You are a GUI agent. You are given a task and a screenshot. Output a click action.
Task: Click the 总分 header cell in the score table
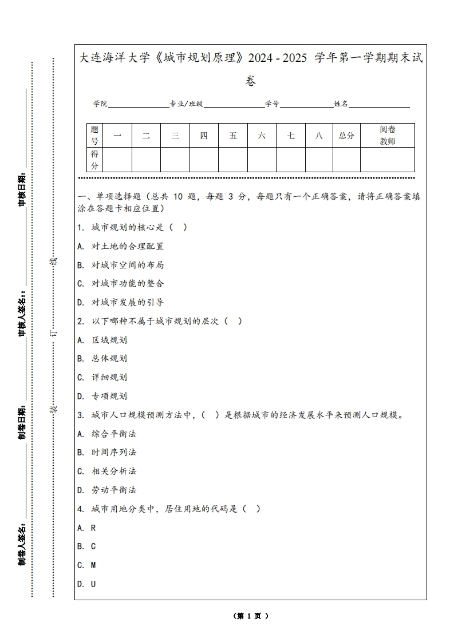pos(346,136)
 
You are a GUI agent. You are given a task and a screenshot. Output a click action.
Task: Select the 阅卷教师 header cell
pos(388,136)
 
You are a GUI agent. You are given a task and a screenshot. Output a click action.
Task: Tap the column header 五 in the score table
pos(233,136)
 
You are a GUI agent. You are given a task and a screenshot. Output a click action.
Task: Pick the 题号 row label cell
pos(94,136)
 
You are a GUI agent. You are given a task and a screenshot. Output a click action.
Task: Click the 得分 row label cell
pos(94,160)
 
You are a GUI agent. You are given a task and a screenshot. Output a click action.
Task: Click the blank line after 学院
pos(138,106)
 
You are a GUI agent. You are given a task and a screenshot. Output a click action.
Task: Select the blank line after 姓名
pos(379,106)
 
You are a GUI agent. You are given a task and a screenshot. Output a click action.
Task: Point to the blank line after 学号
pos(306,106)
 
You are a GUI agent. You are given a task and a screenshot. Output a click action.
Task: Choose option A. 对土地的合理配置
pos(121,246)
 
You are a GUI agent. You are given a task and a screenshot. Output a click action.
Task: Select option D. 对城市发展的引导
pos(121,302)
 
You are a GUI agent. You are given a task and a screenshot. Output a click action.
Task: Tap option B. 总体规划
pos(102,358)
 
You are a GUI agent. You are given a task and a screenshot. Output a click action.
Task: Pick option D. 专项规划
pos(102,396)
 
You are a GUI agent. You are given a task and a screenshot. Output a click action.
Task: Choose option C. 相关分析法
pos(107,471)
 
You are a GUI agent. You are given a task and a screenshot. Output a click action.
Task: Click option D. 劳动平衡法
pos(107,490)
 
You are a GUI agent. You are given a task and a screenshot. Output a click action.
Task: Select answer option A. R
pos(86,528)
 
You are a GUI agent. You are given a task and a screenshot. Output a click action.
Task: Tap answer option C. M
pos(86,565)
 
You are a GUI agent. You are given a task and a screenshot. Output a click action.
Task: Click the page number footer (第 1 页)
pos(251,616)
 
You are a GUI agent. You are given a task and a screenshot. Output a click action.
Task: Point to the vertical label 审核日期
pos(22,189)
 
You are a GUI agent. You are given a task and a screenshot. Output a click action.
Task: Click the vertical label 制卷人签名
pos(22,543)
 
